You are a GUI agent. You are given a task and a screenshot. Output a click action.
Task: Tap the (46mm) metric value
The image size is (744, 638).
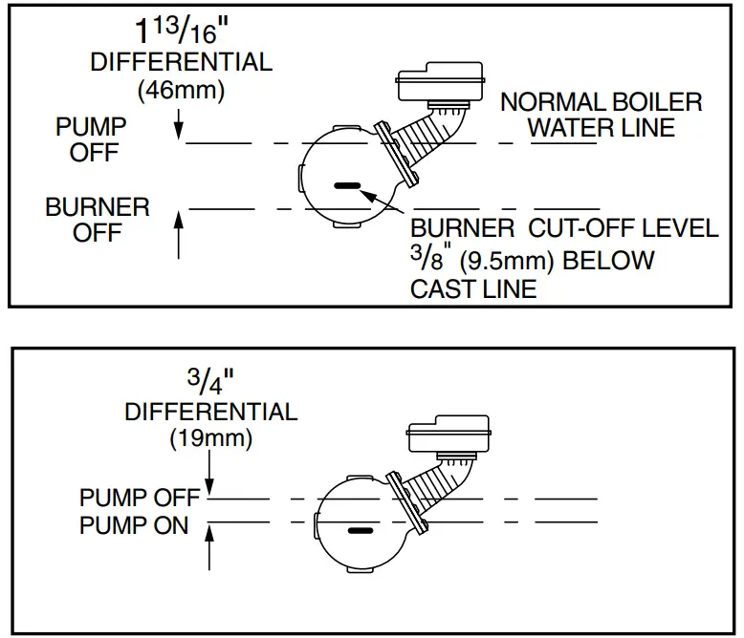(181, 92)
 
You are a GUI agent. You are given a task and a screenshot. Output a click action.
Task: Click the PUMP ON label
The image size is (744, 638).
(134, 525)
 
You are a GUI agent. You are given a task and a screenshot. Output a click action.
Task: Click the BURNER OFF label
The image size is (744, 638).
(98, 220)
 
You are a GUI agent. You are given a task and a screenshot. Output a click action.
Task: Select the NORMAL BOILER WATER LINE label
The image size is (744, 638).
(601, 115)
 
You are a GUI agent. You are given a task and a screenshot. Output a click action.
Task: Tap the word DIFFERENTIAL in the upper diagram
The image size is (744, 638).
(181, 63)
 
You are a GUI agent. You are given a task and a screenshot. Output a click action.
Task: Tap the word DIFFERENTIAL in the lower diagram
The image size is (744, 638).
(210, 413)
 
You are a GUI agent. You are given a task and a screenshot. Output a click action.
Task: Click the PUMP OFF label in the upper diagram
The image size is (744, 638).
(92, 138)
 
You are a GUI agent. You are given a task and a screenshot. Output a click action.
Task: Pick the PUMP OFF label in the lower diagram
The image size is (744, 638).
(140, 499)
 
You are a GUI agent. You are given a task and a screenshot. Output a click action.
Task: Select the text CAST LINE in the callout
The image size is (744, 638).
(473, 288)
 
